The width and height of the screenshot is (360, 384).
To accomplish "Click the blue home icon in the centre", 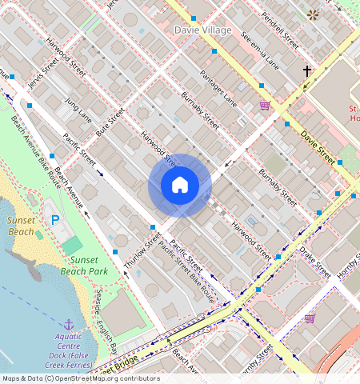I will (x=180, y=186).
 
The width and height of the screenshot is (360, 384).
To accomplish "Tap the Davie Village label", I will (x=202, y=30).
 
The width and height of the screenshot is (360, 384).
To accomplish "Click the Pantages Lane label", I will (x=218, y=88).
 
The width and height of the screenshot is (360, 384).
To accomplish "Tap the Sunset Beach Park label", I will (x=88, y=266).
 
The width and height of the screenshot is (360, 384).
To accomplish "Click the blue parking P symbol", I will (x=55, y=220).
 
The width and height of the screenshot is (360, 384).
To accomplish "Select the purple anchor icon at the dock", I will (x=68, y=324).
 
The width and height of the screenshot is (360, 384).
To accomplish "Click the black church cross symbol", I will (x=306, y=71).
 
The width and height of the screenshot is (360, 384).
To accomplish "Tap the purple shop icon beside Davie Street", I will (x=265, y=106).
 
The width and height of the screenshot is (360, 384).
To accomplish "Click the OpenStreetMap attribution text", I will (x=80, y=378).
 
